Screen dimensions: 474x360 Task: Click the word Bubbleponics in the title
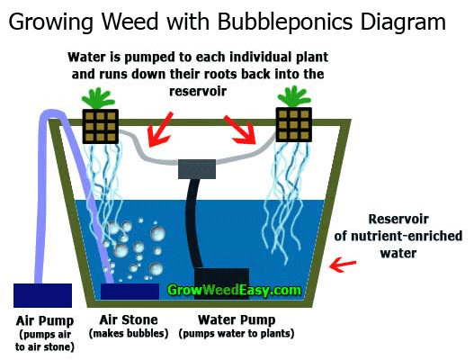click(285, 22)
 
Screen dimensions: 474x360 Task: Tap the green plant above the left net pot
click(97, 99)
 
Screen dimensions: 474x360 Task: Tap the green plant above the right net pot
click(293, 97)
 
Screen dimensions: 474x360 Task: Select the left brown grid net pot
click(101, 126)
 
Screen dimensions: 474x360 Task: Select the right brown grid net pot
click(293, 124)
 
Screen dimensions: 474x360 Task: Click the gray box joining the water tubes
click(197, 169)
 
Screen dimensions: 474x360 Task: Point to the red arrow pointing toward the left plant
click(159, 130)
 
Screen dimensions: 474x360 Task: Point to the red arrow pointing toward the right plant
click(241, 130)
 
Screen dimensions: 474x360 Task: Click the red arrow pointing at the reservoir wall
click(343, 265)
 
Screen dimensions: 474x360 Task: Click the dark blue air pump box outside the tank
click(42, 295)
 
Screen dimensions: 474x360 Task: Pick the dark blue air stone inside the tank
click(130, 292)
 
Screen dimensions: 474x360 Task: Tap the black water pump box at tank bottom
click(221, 283)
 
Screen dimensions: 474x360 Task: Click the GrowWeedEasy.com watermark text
click(234, 290)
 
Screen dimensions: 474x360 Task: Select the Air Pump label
click(45, 320)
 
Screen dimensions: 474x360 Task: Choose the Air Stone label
click(129, 319)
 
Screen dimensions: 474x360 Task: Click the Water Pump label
click(237, 319)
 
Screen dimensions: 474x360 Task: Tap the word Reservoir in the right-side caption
click(398, 219)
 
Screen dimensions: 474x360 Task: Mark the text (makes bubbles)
click(129, 333)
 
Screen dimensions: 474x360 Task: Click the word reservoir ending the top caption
click(198, 91)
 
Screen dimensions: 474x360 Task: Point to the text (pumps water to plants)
click(237, 334)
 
